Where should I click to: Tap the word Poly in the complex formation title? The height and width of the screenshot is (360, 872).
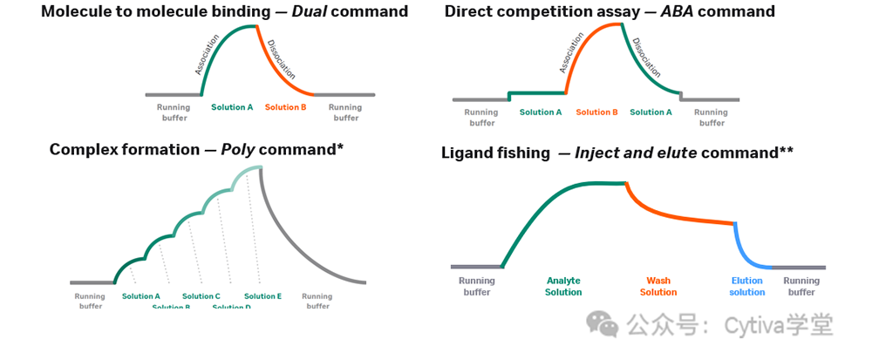pos(237,150)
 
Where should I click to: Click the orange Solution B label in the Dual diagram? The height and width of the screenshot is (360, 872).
pos(285,107)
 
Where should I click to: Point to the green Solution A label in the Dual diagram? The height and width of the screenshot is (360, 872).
pos(232,107)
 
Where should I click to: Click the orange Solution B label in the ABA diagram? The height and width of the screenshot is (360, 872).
pos(596,112)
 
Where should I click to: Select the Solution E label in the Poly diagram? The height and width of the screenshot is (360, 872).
pos(262,296)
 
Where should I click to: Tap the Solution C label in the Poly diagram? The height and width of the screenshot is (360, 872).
pos(201,296)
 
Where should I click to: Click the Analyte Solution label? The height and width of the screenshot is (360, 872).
pos(563,287)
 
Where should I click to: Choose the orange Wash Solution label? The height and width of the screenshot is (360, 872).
pos(658,287)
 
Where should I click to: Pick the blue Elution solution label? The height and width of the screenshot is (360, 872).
pos(747,287)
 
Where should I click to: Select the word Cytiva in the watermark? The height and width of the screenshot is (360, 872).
pos(746,326)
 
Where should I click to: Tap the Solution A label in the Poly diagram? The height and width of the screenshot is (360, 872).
pos(141,296)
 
